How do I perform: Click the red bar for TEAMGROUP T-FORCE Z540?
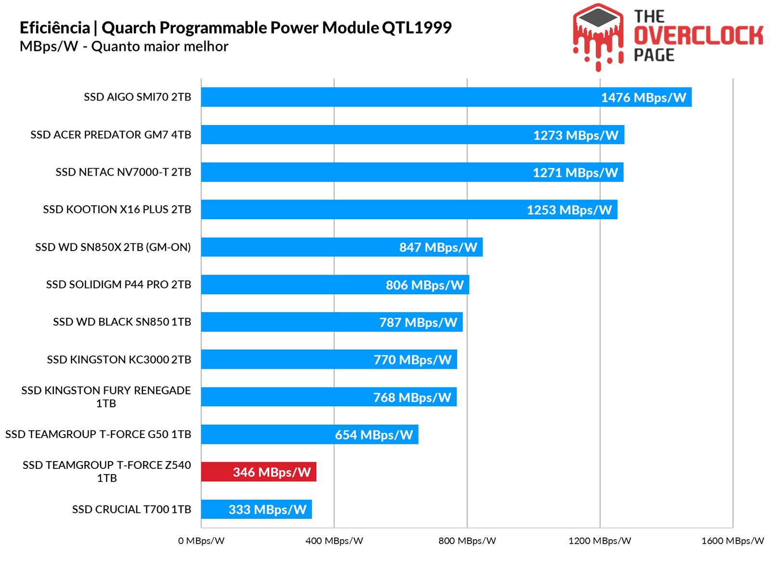point(258,472)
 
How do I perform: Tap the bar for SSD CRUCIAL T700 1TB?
point(256,509)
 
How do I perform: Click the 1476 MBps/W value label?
point(643,98)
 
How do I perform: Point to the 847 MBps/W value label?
point(438,247)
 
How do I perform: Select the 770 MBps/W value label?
point(412,360)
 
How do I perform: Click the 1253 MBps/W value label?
point(569,210)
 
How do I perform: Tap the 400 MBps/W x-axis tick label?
point(334,541)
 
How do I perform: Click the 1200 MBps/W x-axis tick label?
point(600,541)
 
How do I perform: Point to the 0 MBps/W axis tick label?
point(201,541)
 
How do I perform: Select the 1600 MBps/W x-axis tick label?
point(732,541)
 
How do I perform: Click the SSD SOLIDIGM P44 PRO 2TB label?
point(118,285)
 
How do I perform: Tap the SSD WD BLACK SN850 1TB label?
point(122,322)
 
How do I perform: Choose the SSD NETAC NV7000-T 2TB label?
point(123,172)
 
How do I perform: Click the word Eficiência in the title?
point(54,28)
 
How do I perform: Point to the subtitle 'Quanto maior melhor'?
point(160,47)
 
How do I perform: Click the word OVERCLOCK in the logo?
point(698,36)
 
